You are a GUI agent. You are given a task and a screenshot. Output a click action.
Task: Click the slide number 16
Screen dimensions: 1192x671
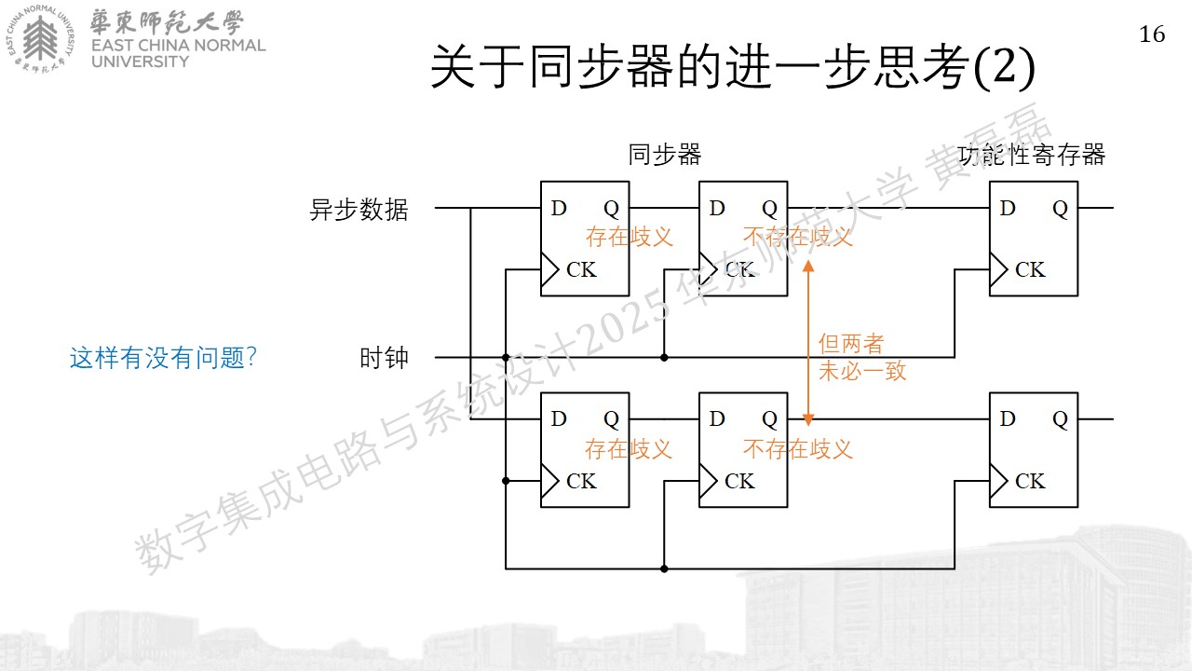tap(1152, 34)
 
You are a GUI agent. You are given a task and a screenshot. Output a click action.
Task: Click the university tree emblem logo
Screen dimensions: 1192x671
tap(40, 39)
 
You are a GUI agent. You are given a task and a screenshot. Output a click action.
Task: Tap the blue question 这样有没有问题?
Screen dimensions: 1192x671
tap(163, 357)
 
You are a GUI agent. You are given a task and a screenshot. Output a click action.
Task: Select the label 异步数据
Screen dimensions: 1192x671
tap(359, 210)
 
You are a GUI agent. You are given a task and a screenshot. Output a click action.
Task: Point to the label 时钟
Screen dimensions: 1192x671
tap(384, 357)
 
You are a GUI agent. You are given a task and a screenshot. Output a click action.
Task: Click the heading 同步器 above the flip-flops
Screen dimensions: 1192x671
tap(665, 155)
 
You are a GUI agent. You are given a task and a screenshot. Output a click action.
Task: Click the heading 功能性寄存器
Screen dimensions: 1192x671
tap(1032, 155)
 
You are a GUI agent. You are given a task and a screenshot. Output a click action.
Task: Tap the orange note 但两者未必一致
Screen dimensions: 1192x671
tap(862, 357)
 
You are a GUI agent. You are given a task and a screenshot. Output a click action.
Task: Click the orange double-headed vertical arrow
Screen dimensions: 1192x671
tap(808, 344)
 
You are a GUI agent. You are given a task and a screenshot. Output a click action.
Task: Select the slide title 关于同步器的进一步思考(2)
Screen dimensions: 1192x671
tap(733, 66)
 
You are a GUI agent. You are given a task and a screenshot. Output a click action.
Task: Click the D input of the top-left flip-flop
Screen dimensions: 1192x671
tap(559, 208)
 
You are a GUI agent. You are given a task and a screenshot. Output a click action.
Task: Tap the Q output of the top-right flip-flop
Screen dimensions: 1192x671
tap(1060, 209)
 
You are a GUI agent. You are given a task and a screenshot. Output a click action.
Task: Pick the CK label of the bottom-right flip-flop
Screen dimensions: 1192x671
tap(1030, 482)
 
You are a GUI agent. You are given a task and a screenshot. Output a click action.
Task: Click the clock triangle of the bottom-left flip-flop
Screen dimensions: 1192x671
tap(549, 481)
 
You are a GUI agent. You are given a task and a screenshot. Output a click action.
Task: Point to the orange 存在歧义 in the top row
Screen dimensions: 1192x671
tap(629, 237)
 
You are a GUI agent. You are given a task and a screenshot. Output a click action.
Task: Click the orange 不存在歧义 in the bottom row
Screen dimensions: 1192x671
tap(798, 449)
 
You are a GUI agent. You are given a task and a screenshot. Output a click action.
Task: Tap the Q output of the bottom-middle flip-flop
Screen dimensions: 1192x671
tap(769, 420)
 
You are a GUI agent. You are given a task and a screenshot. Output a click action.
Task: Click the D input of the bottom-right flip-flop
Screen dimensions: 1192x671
tap(1008, 419)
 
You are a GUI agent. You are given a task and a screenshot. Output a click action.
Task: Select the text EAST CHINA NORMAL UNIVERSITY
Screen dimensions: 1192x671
tap(178, 53)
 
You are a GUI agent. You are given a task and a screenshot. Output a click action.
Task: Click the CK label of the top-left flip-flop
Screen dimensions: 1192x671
tap(581, 270)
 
